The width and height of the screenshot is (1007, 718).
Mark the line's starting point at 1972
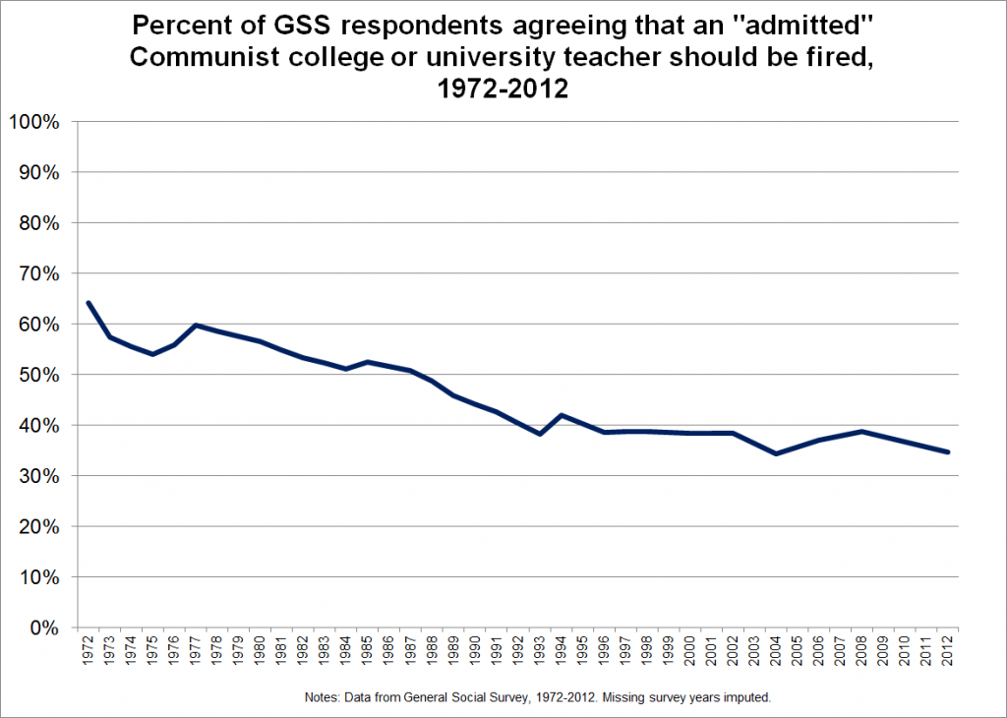click(89, 303)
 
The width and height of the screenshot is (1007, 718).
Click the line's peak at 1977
click(196, 325)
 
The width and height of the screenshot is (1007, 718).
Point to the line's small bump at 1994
click(560, 415)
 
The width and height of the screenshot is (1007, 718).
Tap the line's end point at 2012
click(945, 452)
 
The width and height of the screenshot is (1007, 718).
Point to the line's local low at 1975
click(152, 354)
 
